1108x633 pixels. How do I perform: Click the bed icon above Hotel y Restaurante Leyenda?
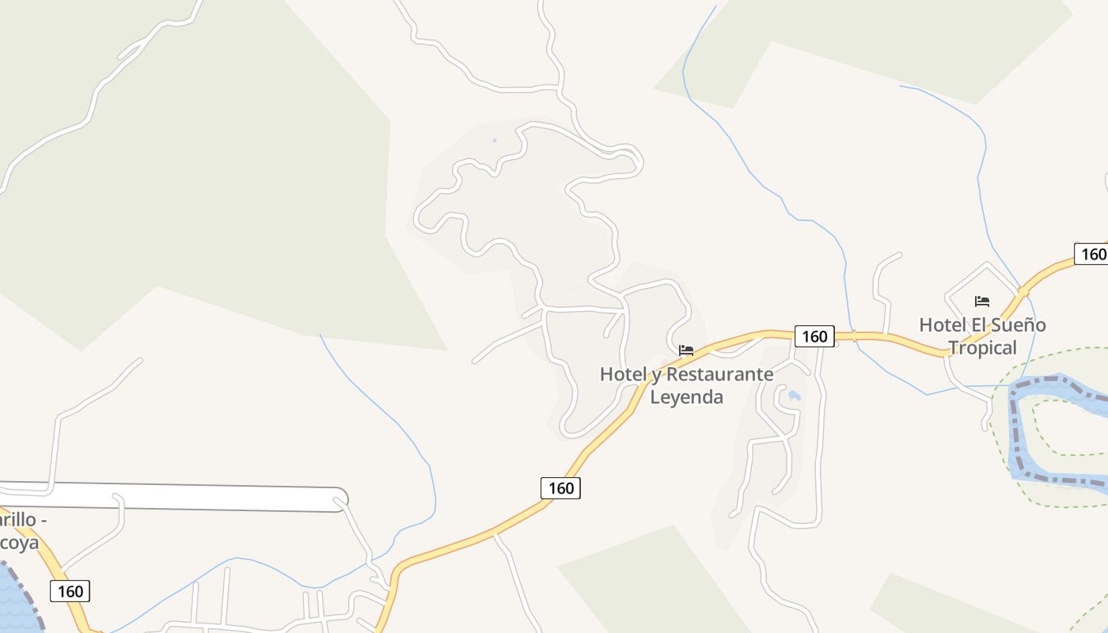[x=686, y=350]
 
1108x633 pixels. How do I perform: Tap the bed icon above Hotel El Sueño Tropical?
[x=982, y=301]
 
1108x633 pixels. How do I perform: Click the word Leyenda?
[x=686, y=396]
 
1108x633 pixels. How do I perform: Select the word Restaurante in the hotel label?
[x=719, y=374]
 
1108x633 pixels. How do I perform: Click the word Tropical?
[x=982, y=347]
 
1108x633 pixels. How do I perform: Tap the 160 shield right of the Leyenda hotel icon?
[x=814, y=336]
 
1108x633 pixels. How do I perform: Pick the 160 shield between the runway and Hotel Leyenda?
[x=560, y=487]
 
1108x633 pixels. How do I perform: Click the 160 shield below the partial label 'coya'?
[x=70, y=590]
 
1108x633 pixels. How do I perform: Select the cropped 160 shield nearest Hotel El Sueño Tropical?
[x=1091, y=254]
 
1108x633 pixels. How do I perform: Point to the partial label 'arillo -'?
[x=23, y=521]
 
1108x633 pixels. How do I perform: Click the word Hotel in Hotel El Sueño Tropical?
[x=943, y=324]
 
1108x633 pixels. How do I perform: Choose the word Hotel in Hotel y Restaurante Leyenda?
[x=623, y=374]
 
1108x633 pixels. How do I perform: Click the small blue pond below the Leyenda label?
[x=794, y=395]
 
